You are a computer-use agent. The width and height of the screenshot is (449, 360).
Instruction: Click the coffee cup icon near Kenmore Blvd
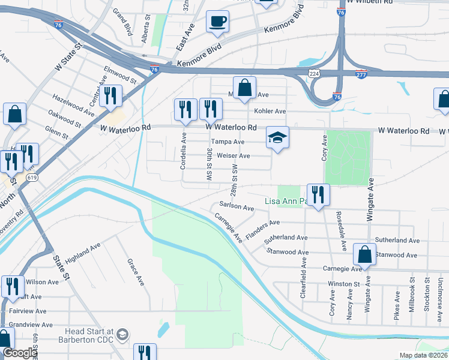click(x=217, y=22)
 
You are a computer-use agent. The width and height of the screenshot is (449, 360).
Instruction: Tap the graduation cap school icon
click(x=277, y=138)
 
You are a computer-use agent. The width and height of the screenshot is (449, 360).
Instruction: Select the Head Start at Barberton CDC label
click(x=89, y=335)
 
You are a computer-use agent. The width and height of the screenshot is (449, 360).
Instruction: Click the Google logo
click(x=20, y=353)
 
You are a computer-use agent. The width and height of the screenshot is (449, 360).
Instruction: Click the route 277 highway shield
click(x=361, y=74)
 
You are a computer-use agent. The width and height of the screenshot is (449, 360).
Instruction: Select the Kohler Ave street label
click(x=270, y=112)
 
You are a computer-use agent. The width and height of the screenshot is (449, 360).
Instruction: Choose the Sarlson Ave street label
click(x=237, y=208)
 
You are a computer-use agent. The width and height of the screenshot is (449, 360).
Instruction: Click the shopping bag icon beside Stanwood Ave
click(x=364, y=254)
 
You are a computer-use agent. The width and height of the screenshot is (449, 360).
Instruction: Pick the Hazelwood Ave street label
click(x=73, y=104)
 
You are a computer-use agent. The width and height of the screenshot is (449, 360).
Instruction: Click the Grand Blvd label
click(x=122, y=22)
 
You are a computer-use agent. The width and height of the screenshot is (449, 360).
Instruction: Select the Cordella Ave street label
click(x=184, y=154)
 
